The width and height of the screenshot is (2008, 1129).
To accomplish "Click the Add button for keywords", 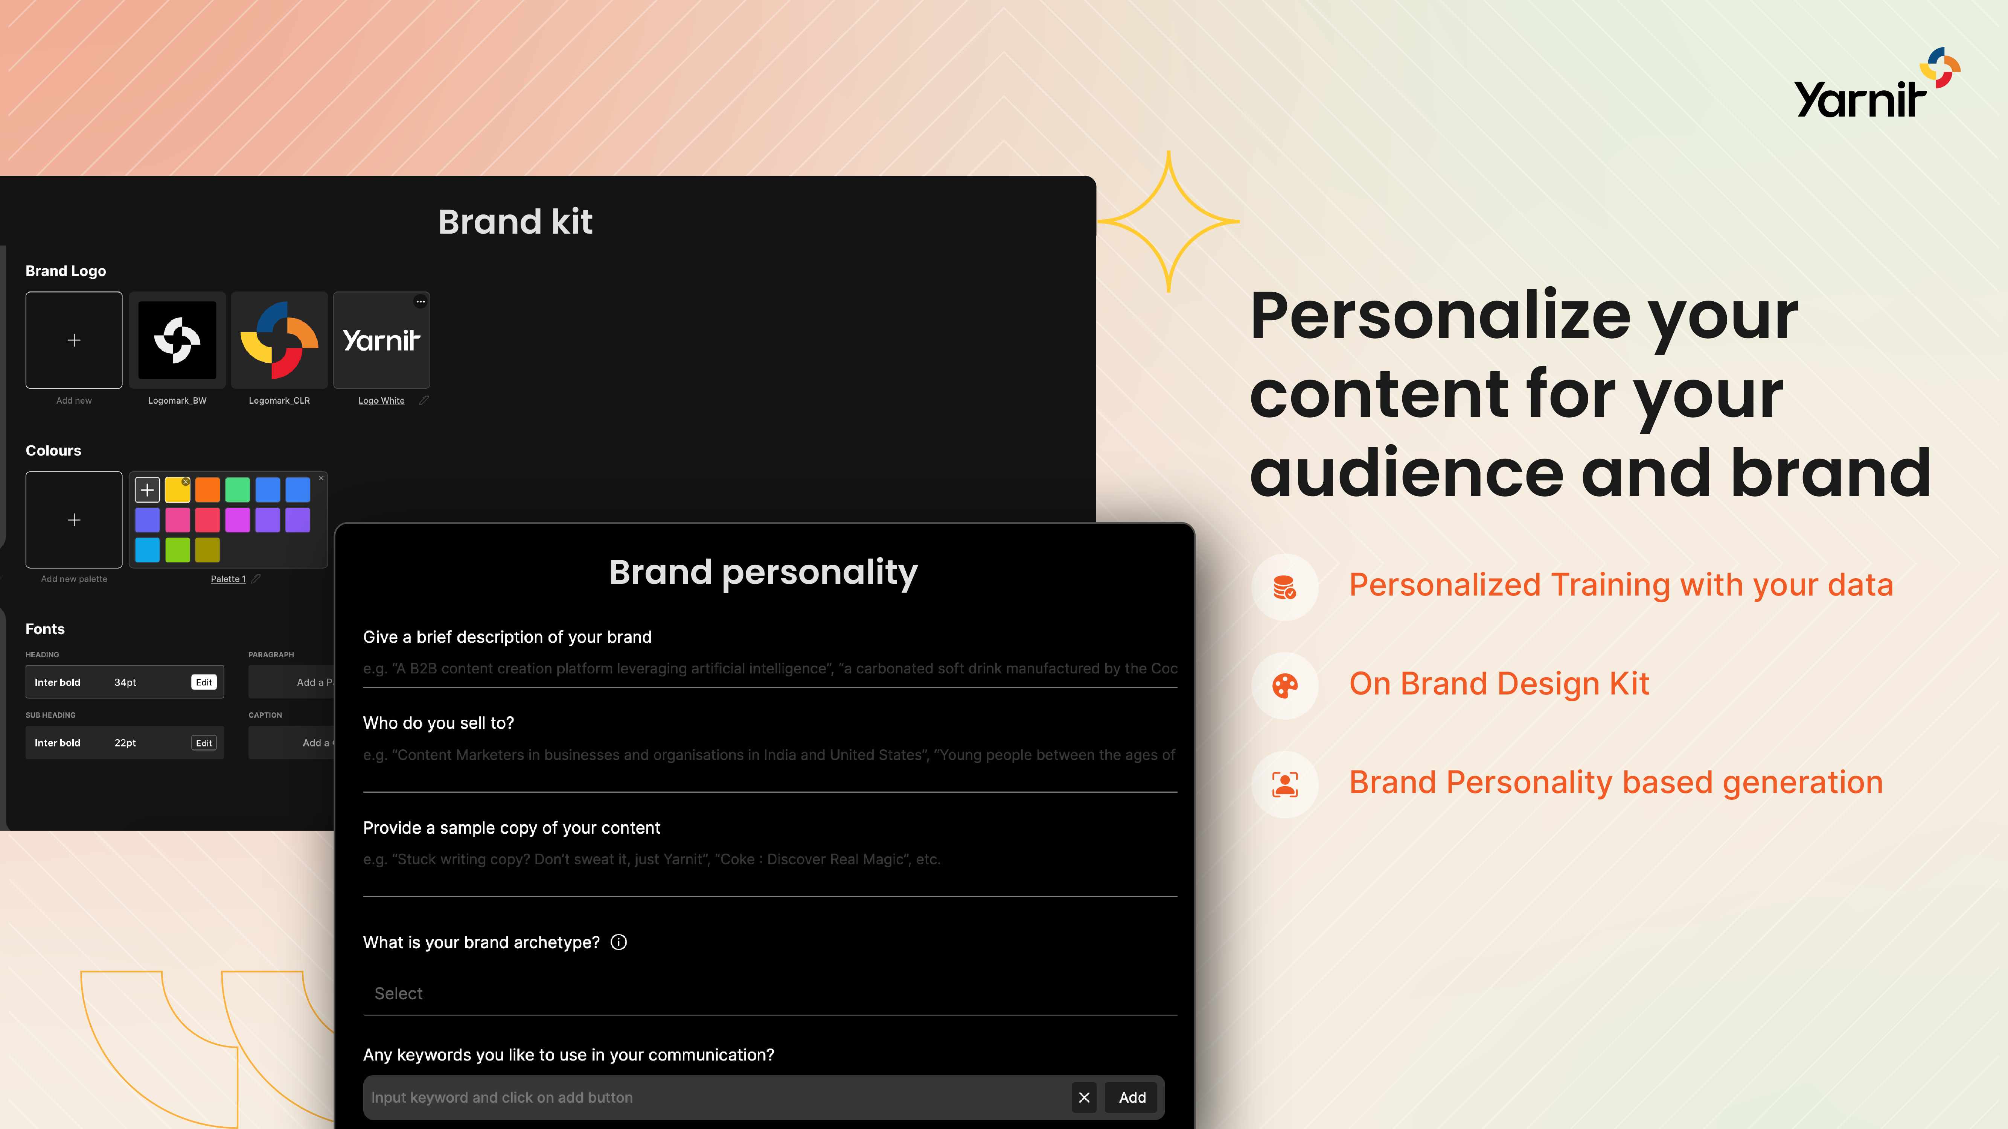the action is [x=1132, y=1097].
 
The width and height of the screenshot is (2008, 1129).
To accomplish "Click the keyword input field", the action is [x=717, y=1097].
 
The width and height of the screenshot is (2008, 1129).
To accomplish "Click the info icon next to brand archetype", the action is [x=618, y=942].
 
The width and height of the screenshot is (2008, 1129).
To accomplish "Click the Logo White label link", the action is [x=381, y=401].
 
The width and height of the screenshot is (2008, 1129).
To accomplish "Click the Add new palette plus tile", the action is [x=74, y=520].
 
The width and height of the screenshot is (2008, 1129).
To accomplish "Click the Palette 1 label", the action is [x=228, y=579].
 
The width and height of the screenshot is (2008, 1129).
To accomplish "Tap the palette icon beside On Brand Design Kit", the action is [x=1284, y=686].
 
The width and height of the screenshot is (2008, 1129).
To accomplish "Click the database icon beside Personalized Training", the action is [x=1284, y=587].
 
